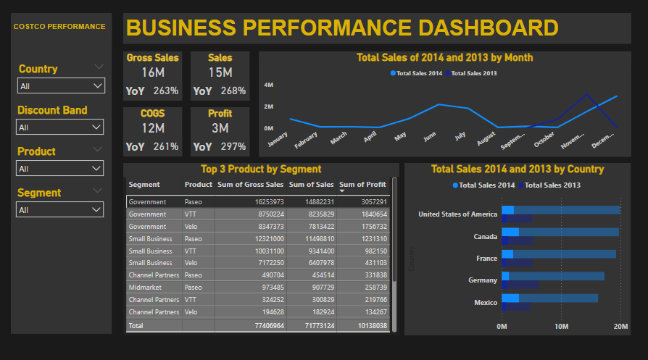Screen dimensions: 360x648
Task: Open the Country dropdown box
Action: (61, 86)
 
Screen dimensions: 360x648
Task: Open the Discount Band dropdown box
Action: (61, 127)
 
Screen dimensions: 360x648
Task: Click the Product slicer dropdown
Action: (61, 169)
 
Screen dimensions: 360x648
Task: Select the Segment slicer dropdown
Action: (61, 210)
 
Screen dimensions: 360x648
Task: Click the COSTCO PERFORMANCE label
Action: (59, 26)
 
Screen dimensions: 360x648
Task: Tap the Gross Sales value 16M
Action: (154, 72)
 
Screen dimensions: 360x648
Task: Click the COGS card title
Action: (152, 114)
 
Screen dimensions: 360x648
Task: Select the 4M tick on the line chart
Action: (267, 85)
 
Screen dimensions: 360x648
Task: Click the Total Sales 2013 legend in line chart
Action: (472, 73)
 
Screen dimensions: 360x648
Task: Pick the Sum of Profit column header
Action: (362, 185)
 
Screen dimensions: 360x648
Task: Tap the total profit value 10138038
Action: (366, 326)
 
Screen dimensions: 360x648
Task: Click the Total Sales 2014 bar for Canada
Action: (510, 232)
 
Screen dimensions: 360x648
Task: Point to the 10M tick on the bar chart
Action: (561, 327)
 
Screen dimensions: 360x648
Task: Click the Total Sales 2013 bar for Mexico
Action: (515, 307)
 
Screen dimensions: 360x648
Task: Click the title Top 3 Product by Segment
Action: (261, 169)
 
